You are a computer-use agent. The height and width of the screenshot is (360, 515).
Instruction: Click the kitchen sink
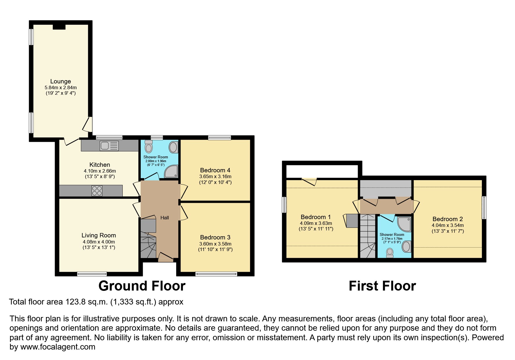click(109, 146)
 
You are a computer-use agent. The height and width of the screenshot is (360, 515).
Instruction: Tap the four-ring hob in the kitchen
click(97, 191)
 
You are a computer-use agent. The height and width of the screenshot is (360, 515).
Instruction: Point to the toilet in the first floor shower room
click(390, 253)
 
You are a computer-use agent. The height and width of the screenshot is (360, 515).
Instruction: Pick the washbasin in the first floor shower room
click(406, 247)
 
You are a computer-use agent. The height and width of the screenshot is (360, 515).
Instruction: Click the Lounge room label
click(60, 81)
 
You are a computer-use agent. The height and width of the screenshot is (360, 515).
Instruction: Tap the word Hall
click(165, 218)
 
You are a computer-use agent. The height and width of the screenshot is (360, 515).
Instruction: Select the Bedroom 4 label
click(215, 170)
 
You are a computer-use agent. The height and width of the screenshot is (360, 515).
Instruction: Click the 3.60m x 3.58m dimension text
click(215, 244)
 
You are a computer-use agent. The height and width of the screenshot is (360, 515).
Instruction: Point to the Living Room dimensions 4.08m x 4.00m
click(99, 242)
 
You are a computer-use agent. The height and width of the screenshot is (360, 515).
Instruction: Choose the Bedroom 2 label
click(448, 219)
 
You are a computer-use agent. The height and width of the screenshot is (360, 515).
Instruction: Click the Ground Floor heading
click(142, 286)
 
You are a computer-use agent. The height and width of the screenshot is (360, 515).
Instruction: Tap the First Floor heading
click(382, 286)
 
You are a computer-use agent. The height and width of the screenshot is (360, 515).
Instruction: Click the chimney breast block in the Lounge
click(59, 27)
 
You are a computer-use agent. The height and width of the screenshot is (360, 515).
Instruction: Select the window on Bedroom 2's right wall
click(484, 207)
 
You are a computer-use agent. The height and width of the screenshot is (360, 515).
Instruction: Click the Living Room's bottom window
click(92, 274)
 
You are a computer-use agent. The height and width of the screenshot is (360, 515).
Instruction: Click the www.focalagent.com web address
click(58, 347)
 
